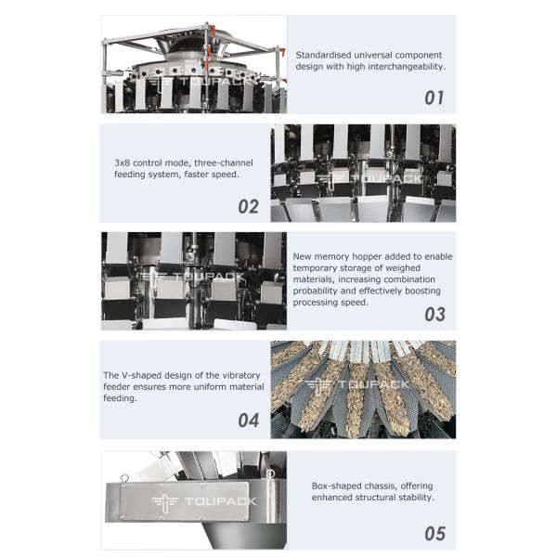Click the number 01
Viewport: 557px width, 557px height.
(434, 97)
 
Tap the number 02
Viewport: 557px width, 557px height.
(248, 206)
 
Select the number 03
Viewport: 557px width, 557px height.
(434, 314)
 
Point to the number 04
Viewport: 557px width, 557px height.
(248, 421)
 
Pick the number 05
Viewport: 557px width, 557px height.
(434, 533)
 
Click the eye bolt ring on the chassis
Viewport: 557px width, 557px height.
(121, 475)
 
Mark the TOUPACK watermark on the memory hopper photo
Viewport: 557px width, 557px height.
(184, 277)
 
